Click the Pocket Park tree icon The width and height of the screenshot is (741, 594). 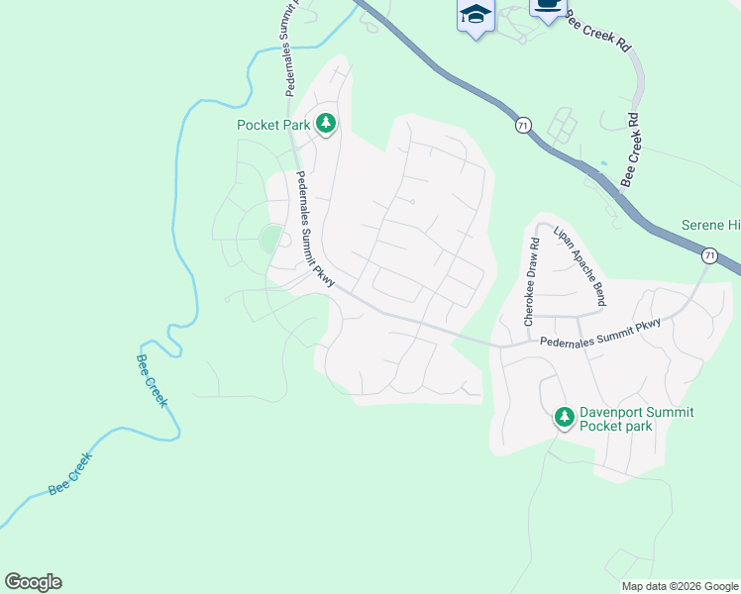click(326, 125)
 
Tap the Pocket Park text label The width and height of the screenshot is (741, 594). click(273, 125)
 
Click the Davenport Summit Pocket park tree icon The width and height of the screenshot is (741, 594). click(564, 418)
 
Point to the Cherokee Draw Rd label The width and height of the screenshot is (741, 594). click(531, 282)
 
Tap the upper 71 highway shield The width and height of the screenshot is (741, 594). click(522, 126)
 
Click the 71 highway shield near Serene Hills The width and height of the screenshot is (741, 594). click(709, 255)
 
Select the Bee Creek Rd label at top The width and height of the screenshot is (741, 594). click(597, 33)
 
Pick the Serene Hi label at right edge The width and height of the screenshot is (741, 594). click(710, 226)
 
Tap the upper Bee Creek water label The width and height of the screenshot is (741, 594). click(152, 381)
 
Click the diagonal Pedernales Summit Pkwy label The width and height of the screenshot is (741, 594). click(316, 230)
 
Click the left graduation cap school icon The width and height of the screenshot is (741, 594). click(476, 14)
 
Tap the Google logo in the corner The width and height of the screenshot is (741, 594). click(33, 582)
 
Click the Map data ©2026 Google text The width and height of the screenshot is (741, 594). click(680, 586)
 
